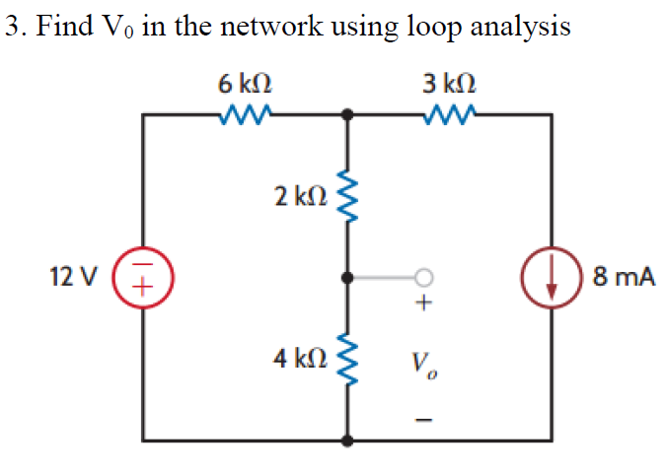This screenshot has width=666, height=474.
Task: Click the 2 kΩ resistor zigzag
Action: coord(346,195)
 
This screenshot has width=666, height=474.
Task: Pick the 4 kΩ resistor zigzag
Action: coord(346,359)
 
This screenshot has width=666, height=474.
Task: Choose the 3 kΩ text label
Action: coord(451,82)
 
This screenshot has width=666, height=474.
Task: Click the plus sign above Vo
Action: coord(424,306)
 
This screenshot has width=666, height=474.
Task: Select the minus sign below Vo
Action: coord(424,421)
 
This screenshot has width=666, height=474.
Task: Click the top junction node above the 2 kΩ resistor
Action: coord(346,115)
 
